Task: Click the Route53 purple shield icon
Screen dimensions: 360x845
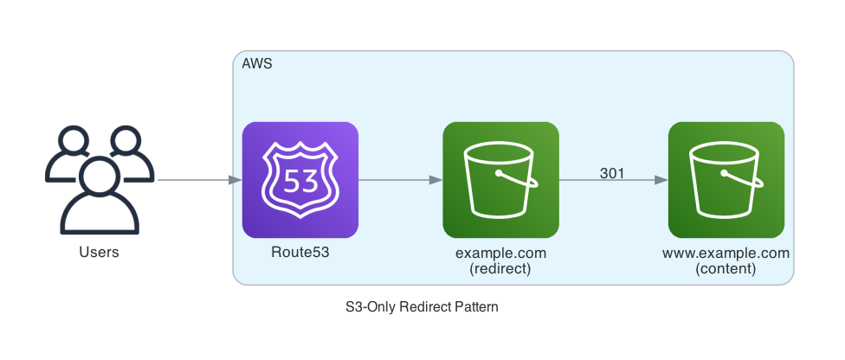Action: pos(300,180)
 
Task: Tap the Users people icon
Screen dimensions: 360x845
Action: pos(99,180)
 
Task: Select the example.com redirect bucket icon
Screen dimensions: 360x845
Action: pos(500,180)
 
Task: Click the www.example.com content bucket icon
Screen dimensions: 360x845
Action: pos(726,180)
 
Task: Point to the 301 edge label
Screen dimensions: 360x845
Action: pos(612,173)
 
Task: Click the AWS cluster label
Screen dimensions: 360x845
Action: pos(257,64)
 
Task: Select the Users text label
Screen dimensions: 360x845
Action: pos(99,253)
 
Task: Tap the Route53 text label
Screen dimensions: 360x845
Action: pos(300,253)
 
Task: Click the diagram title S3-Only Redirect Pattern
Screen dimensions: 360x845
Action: pos(422,306)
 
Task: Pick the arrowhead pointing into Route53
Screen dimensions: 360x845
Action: pos(235,180)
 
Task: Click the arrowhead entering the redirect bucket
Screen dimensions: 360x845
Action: pos(435,180)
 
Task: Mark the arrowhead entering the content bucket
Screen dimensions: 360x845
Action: pos(661,180)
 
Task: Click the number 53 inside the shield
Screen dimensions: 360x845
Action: pos(300,183)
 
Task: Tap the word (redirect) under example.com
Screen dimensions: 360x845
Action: pos(500,268)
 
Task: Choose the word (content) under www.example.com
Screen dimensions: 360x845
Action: pos(726,268)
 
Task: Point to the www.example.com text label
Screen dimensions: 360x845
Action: pos(726,253)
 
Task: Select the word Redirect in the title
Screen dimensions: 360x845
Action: pos(426,306)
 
